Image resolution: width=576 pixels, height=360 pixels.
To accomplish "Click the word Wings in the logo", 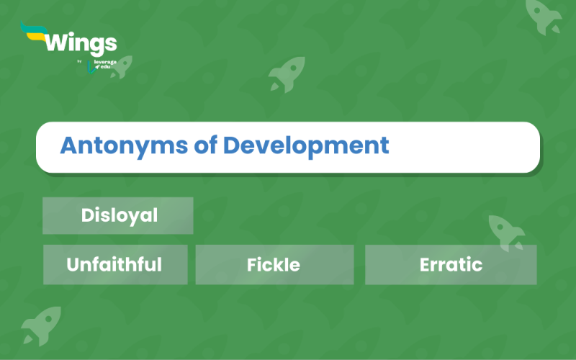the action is (81, 44).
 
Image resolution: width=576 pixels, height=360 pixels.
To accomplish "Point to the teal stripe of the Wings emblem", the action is (33, 28).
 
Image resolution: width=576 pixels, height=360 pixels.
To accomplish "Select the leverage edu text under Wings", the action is (105, 64).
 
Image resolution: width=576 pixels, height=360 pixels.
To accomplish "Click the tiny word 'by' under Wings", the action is (79, 61).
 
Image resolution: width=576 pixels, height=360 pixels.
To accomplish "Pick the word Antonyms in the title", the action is (124, 146).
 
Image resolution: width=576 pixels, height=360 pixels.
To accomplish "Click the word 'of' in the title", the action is (205, 145).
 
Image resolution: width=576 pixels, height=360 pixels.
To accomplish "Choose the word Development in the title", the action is (306, 146).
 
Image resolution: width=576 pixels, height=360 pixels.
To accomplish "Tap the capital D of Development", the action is (232, 145).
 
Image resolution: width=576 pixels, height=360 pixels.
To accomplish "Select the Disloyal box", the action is (118, 215).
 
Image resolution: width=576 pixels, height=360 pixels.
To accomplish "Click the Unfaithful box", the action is (115, 264).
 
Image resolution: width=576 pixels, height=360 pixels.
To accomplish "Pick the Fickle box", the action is (274, 264).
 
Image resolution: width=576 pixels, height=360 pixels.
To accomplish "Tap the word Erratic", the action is (451, 264).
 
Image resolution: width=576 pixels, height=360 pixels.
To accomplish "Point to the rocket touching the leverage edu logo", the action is (122, 67).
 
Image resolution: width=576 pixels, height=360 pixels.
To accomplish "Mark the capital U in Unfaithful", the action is (73, 264).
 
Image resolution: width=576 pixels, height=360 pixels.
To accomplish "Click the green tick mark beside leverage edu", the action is (91, 68).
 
